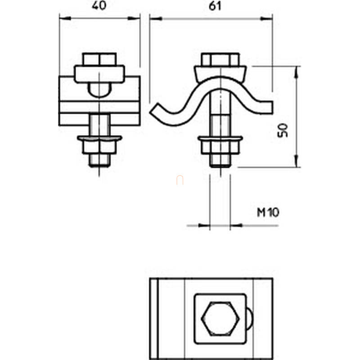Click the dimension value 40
pyautogui.click(x=99, y=5)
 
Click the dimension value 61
pyautogui.click(x=215, y=6)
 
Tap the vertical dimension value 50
pyautogui.click(x=283, y=130)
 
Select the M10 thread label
pyautogui.click(x=268, y=212)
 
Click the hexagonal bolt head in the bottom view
pyautogui.click(x=220, y=319)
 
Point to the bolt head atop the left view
pyautogui.click(x=99, y=59)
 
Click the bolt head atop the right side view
pyautogui.click(x=220, y=59)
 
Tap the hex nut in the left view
pyautogui.click(x=99, y=147)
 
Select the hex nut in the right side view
pyautogui.click(x=220, y=148)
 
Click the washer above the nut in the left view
pyautogui.click(x=99, y=138)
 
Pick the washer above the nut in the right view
pyautogui.click(x=220, y=139)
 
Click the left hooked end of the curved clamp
pyautogui.click(x=156, y=110)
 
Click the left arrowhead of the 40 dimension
pyautogui.click(x=65, y=18)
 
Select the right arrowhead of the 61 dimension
pyautogui.click(x=267, y=18)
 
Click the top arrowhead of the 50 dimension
pyautogui.click(x=297, y=72)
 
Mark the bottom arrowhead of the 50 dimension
pyautogui.click(x=297, y=161)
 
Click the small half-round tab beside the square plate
pyautogui.click(x=250, y=319)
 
